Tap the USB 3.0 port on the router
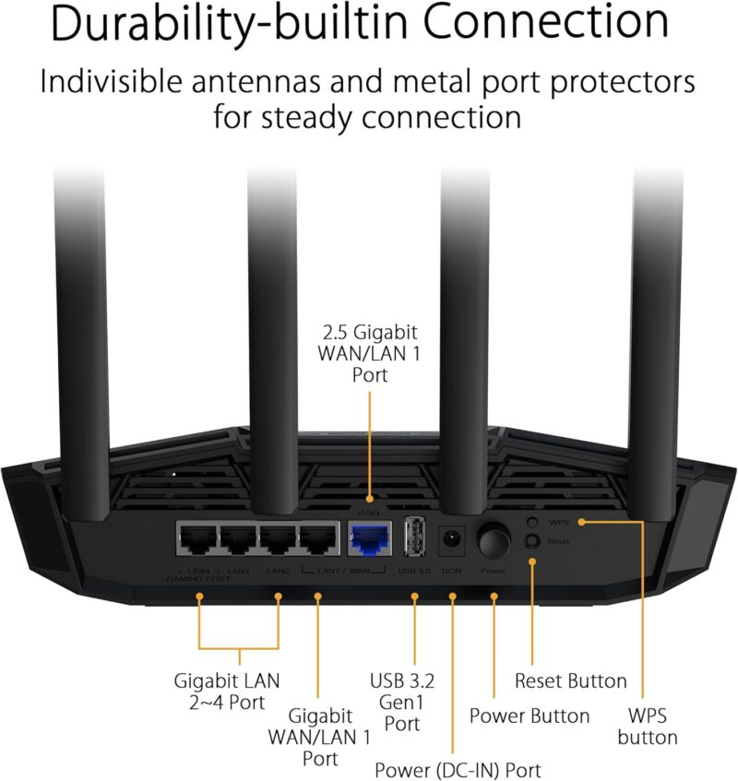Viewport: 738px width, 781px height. (414, 538)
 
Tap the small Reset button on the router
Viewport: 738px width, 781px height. (531, 541)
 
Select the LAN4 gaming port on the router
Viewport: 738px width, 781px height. (196, 539)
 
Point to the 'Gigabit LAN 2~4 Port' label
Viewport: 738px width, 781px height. (227, 692)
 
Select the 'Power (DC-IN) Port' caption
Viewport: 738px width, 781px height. (458, 769)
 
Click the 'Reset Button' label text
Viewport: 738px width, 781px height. (570, 681)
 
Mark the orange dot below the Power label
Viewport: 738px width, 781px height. (494, 598)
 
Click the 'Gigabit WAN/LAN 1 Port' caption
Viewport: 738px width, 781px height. (319, 737)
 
